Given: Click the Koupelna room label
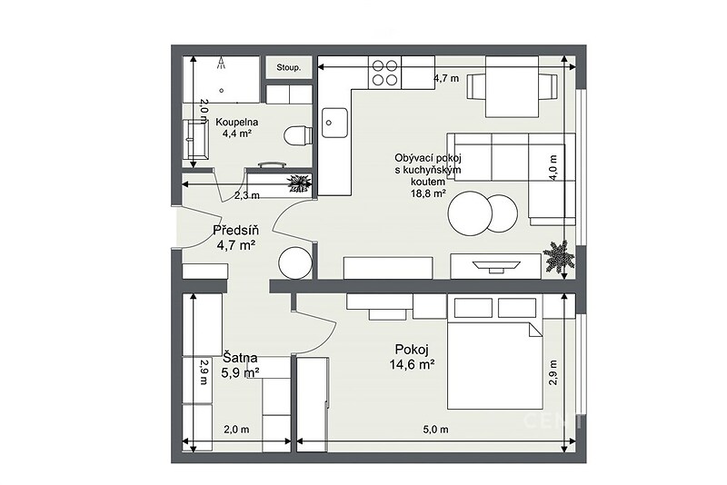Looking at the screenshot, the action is coord(237,123).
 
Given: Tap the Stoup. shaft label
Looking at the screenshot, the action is coord(288,67).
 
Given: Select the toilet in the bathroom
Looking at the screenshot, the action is coord(297,135).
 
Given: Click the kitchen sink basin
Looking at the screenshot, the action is coord(334,123).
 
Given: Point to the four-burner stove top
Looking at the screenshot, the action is coord(384,73).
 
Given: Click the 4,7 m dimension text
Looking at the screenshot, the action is coord(446,78).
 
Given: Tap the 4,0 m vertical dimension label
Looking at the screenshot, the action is coord(553,168).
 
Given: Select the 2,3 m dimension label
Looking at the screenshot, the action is coord(246,195).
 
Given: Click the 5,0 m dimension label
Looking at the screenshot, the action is coord(436,430).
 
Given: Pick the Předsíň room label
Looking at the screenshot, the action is coord(236,230).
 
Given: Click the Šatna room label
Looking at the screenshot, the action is coord(240,358).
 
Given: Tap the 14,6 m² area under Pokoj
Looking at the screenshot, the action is coord(413,364).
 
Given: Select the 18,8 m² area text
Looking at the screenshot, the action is coord(428,193).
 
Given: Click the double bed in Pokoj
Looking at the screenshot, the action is coord(494,353).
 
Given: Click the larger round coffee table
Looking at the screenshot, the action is coord(470,213).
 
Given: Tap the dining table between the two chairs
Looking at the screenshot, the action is coord(512,86).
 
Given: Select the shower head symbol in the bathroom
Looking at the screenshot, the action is coord(222,63).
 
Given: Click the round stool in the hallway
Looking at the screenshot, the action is coord(294,262).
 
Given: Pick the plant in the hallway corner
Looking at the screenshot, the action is coord(299,183).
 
